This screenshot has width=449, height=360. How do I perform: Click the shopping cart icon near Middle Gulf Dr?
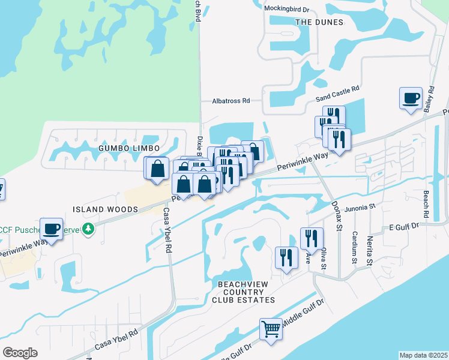tap(271, 329)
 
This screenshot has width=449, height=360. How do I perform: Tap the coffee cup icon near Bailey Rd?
tap(411, 98)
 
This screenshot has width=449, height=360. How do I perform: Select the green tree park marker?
tap(88, 229)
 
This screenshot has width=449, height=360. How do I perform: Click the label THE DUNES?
tap(319, 22)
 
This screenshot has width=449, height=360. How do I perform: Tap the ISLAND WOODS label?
tap(105, 209)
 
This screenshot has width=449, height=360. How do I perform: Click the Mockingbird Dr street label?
tap(286, 10)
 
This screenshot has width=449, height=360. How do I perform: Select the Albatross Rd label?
tap(231, 101)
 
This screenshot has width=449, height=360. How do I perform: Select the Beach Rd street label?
tap(425, 205)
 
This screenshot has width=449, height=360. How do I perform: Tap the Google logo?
tap(20, 353)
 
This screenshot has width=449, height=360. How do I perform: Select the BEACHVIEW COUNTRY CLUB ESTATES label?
tap(243, 291)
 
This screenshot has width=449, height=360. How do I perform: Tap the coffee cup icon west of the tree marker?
tap(51, 229)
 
